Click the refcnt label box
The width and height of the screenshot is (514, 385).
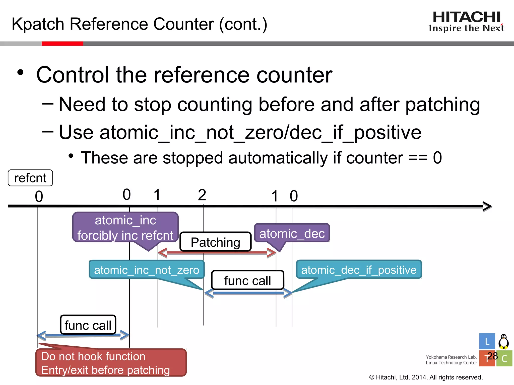coord(30,178)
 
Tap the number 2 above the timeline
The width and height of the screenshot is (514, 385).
coord(202,195)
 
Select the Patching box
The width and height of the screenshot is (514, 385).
coord(215,242)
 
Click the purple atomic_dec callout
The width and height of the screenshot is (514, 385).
coord(292,233)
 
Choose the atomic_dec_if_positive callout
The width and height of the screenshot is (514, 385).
coord(359,270)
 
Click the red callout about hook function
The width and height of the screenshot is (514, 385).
coord(111,363)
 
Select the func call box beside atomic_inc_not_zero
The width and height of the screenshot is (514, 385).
coord(247,280)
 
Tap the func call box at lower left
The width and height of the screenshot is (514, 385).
coord(88,325)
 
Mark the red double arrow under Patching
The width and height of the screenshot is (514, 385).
coord(217,252)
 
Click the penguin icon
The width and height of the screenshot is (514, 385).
coord(503,341)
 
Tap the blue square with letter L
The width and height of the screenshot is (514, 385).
coord(487,341)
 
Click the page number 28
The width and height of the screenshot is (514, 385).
coord(492,356)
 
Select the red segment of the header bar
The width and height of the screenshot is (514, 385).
coord(62,44)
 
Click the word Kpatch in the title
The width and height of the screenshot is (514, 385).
coord(38,24)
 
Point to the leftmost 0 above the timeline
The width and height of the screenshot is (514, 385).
coord(39,196)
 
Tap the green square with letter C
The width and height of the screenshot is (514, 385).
coord(504,358)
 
